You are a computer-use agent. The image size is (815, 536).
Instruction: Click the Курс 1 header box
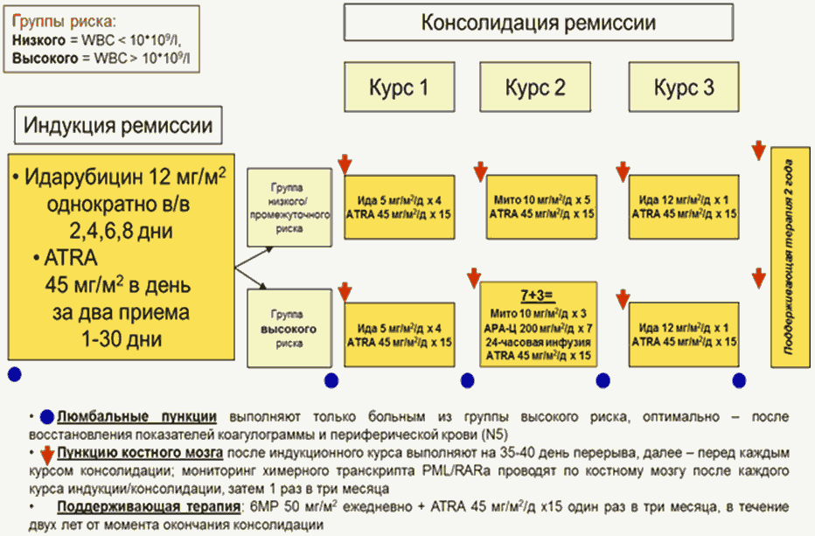coord(399,87)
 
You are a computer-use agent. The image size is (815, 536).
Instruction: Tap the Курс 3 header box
coord(683,87)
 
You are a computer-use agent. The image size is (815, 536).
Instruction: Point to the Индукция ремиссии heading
coord(118,124)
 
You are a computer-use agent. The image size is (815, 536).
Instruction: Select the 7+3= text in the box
coord(538,296)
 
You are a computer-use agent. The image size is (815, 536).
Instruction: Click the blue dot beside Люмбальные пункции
coord(46,417)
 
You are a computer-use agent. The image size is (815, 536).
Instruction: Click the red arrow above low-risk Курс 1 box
coord(345,164)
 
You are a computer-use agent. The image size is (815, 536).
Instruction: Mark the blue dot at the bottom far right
coord(739,380)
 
